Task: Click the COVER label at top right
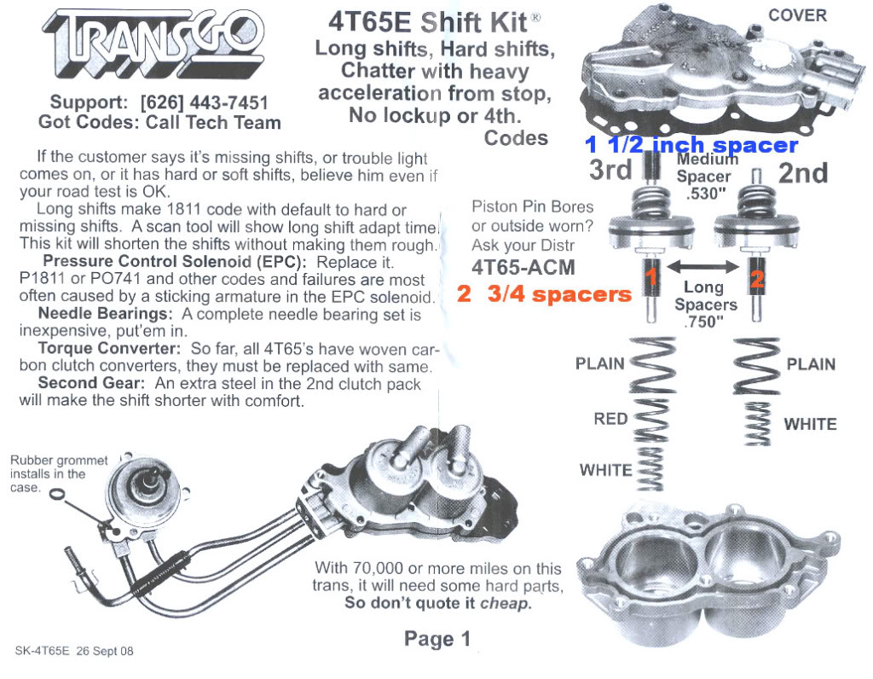(x=797, y=15)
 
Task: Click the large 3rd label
(x=611, y=170)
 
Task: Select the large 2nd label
(x=803, y=173)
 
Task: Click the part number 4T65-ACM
(x=523, y=267)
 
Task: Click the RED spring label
(x=610, y=419)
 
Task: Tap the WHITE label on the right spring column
(x=810, y=424)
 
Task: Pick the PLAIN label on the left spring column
(x=600, y=364)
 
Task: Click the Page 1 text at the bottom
(x=436, y=639)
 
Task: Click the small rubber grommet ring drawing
(x=56, y=495)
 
